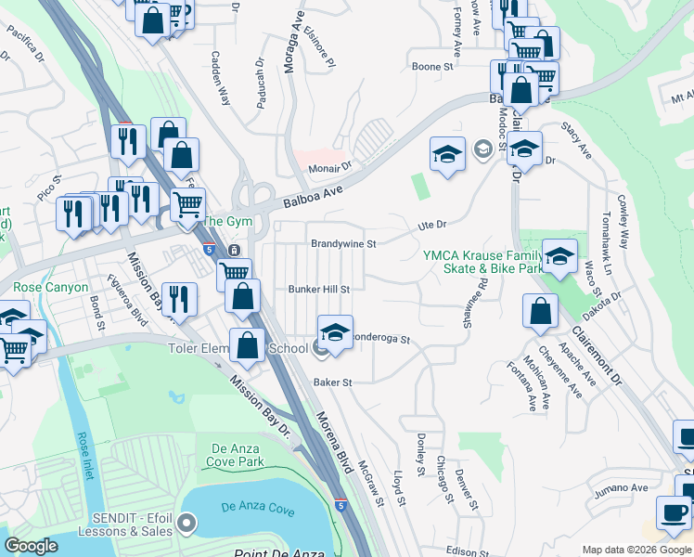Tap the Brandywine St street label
tap(342, 244)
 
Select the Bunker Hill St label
tap(317, 290)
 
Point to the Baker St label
tap(333, 382)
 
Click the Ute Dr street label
tap(432, 225)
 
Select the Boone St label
tap(432, 67)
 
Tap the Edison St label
tap(467, 550)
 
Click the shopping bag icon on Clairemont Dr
tap(540, 312)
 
